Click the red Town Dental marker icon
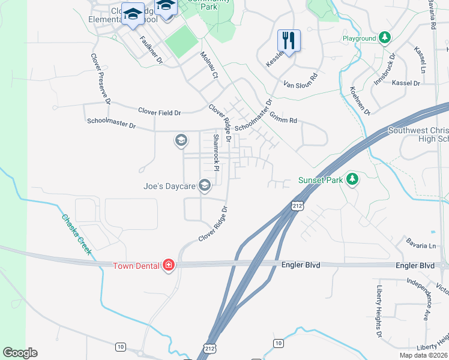(x=169, y=265)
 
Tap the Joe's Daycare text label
(x=169, y=187)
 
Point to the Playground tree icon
(x=385, y=38)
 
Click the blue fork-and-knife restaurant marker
(x=289, y=41)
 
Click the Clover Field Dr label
(x=159, y=112)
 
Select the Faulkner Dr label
(x=151, y=50)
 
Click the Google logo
(x=20, y=353)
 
